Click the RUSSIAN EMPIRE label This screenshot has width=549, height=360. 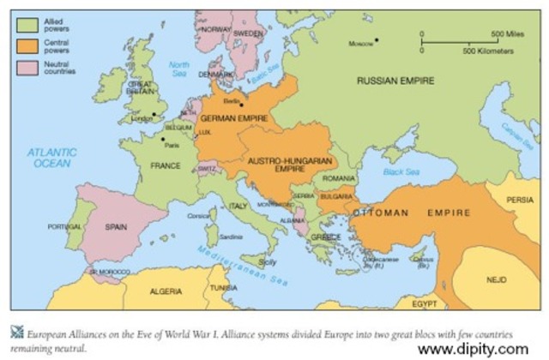pos(395,81)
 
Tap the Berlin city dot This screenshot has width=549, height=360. pos(242,105)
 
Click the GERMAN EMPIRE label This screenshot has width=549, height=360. pos(234,117)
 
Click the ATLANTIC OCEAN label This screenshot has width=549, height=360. pos(52,157)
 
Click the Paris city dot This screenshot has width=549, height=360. pos(163,138)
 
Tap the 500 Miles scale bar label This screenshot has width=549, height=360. pos(507,33)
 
